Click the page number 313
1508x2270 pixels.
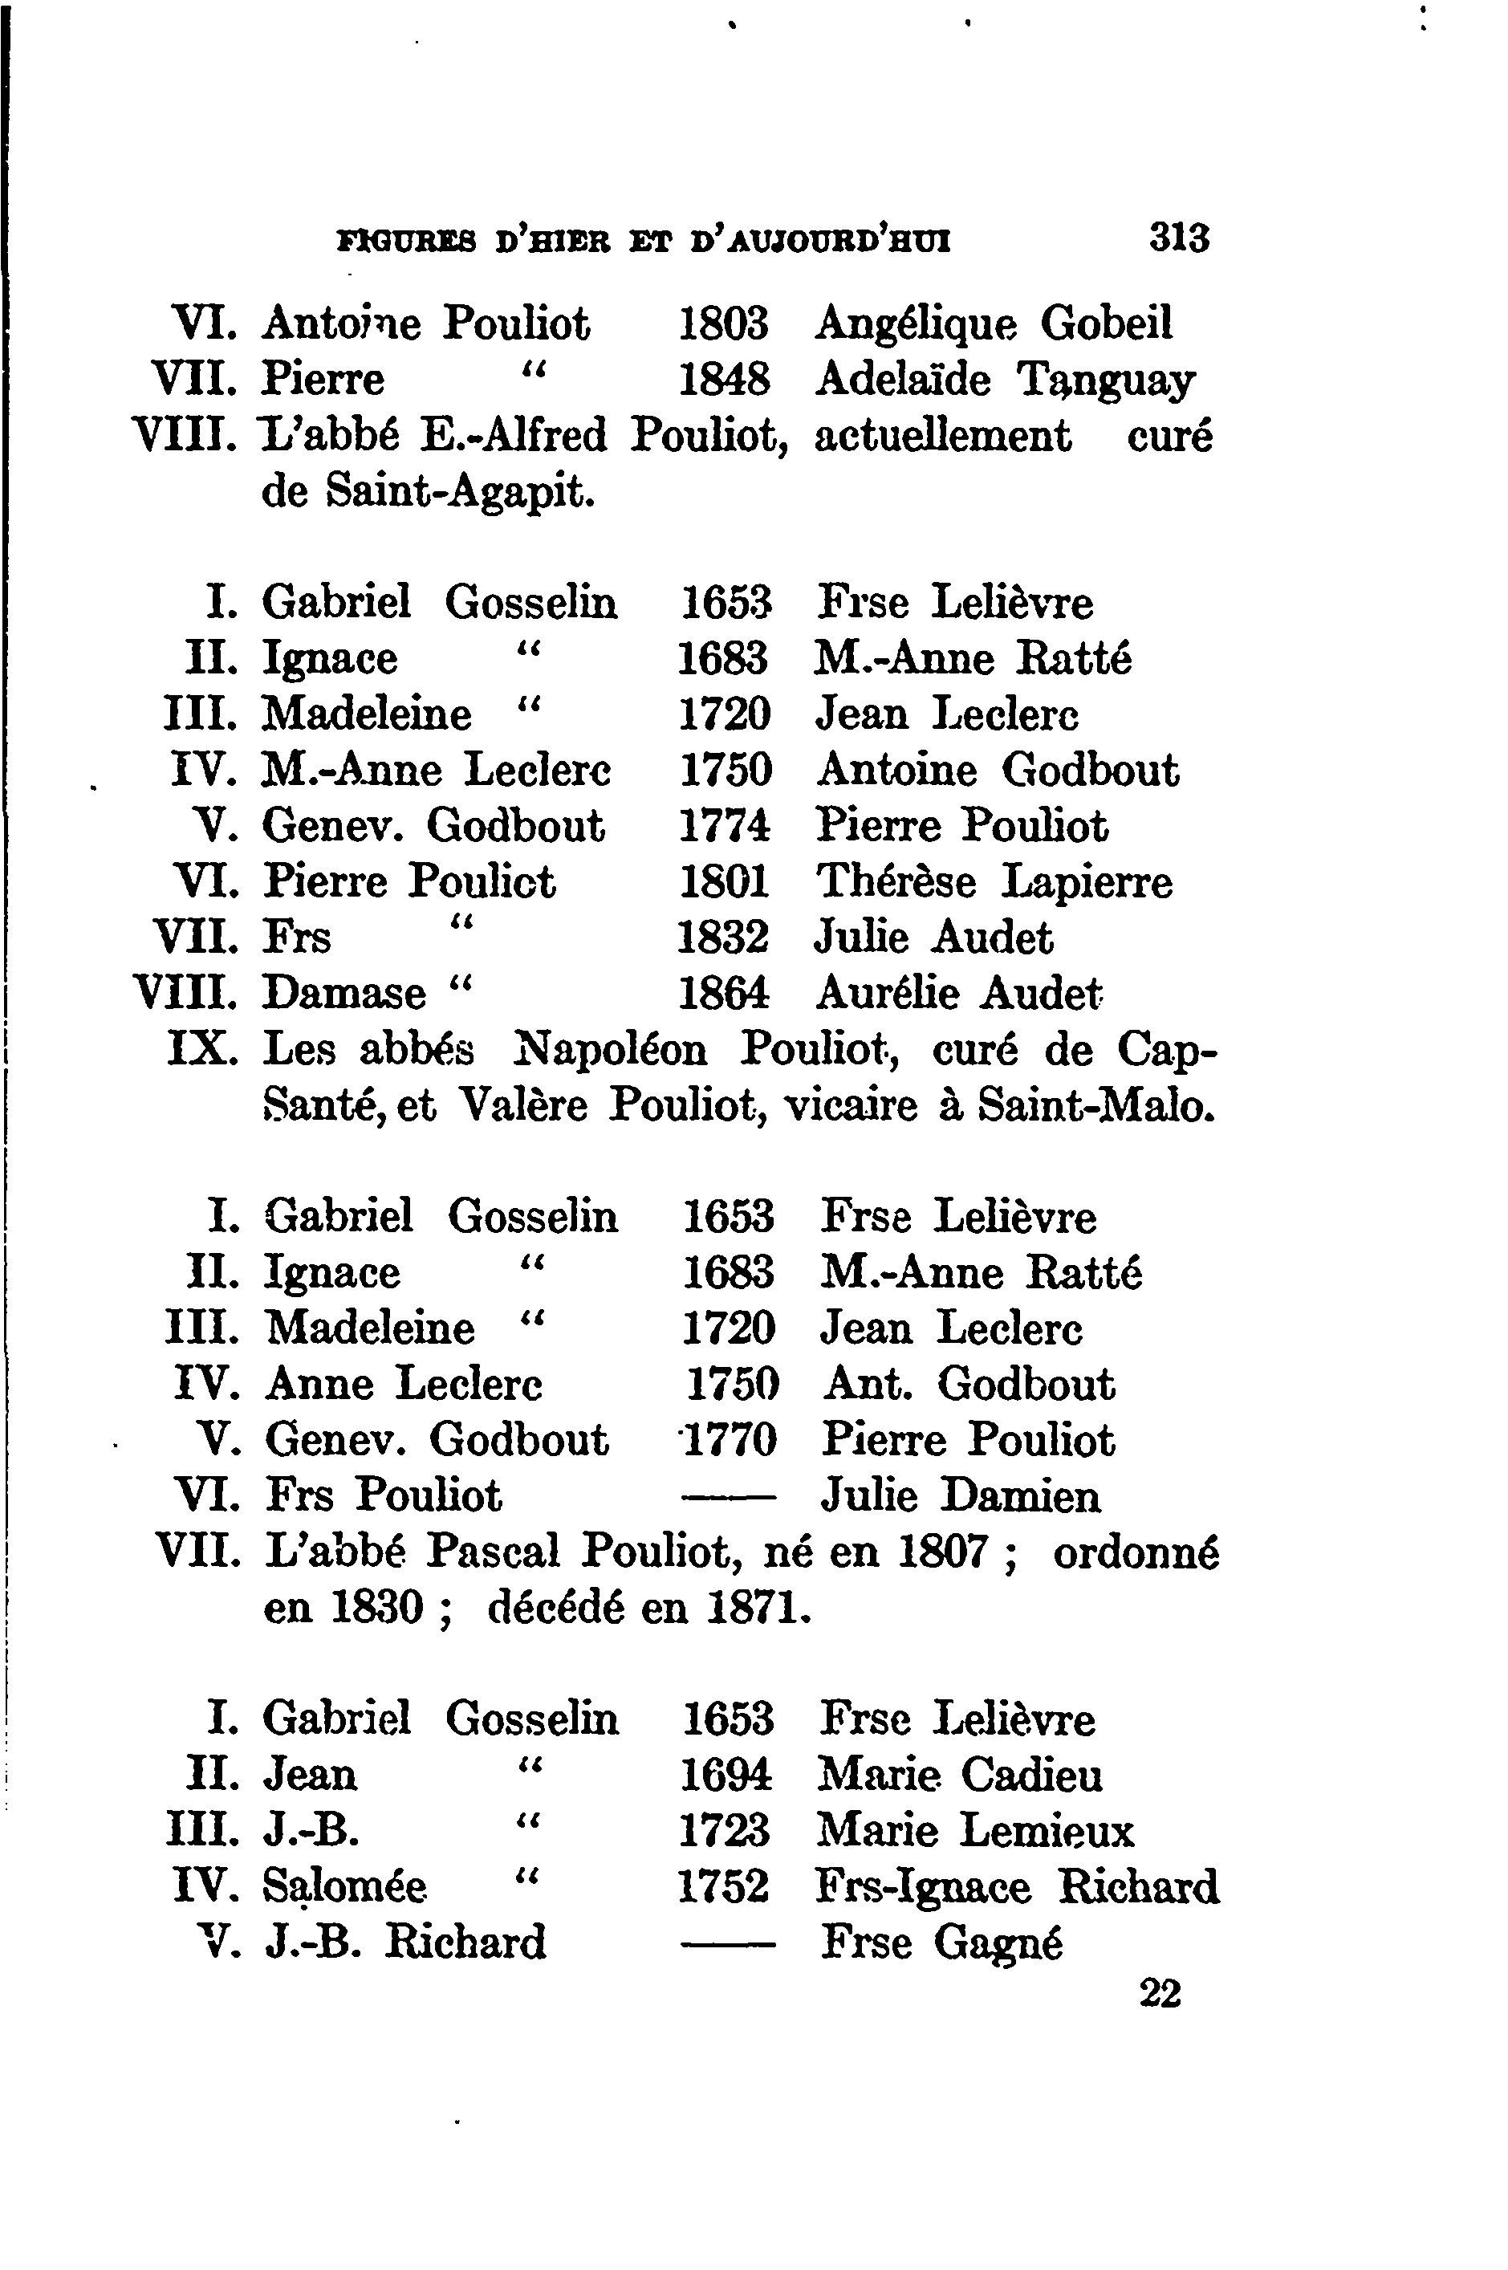(1179, 237)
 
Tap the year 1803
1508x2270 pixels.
(724, 323)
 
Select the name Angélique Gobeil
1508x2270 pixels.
(994, 323)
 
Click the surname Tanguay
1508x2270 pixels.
(1106, 381)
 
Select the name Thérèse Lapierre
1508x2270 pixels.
(994, 882)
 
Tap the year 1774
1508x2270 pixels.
(724, 826)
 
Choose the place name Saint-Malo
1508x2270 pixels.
(1096, 1106)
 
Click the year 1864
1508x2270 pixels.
(724, 994)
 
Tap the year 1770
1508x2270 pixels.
(728, 1441)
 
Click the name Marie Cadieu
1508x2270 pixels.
(959, 1775)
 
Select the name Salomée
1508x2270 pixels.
(344, 1886)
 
